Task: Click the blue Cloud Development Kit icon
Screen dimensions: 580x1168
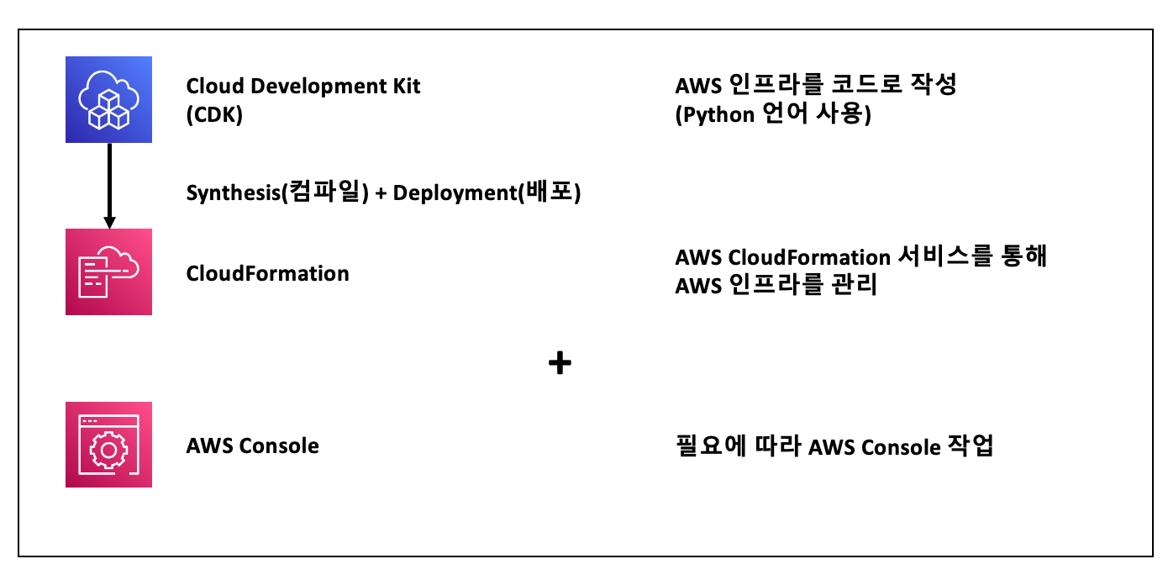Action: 108,99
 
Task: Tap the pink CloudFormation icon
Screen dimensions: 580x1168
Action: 108,272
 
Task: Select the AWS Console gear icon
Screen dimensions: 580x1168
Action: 108,445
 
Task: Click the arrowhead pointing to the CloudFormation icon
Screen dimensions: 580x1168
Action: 108,222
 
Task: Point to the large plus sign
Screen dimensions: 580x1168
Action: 560,363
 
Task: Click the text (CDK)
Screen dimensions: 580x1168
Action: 214,115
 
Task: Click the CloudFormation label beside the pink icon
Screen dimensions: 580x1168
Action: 267,273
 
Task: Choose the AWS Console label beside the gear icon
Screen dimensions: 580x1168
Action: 252,446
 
